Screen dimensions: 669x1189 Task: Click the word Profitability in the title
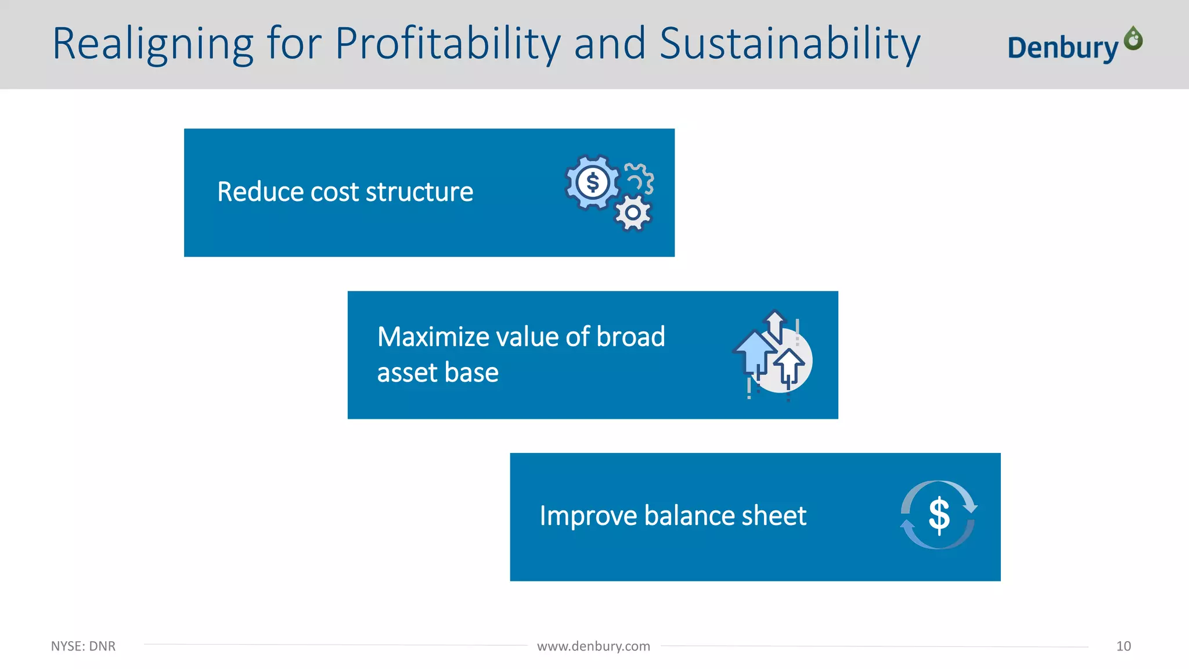pos(449,44)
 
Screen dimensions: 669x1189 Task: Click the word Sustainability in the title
pos(790,44)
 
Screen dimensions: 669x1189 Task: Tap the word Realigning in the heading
pos(153,44)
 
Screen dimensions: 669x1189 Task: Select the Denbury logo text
pos(1062,48)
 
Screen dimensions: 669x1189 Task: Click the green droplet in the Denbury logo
pos(1133,39)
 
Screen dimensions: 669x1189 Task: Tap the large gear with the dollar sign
pos(592,182)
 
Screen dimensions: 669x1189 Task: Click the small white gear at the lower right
pos(633,213)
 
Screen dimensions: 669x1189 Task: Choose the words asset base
pos(438,372)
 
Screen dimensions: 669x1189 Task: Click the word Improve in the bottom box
pos(588,516)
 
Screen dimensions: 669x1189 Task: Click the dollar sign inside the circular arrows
pos(939,515)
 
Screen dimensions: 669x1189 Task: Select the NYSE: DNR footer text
pos(83,646)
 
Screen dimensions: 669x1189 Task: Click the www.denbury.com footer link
pos(593,646)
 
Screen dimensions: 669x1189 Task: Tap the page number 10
pos(1123,646)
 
